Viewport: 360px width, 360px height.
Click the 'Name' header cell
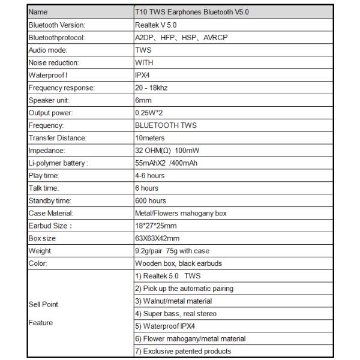click(38, 12)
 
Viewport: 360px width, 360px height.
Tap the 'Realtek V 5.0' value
click(156, 25)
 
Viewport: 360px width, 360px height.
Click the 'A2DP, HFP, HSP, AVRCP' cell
click(181, 37)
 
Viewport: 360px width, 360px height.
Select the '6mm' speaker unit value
click(143, 100)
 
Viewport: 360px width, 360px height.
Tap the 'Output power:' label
click(50, 113)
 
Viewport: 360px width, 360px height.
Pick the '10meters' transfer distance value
click(150, 138)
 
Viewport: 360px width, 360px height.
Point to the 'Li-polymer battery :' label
click(58, 163)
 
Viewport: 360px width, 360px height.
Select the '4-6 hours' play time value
click(150, 176)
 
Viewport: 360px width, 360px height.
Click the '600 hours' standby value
click(151, 200)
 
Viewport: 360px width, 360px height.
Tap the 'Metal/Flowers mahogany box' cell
click(180, 213)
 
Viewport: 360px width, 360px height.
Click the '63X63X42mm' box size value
click(157, 238)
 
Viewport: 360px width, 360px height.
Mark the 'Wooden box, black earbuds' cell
click(179, 263)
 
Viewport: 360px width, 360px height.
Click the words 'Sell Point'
click(43, 304)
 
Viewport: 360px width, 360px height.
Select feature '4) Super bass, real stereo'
click(176, 313)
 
